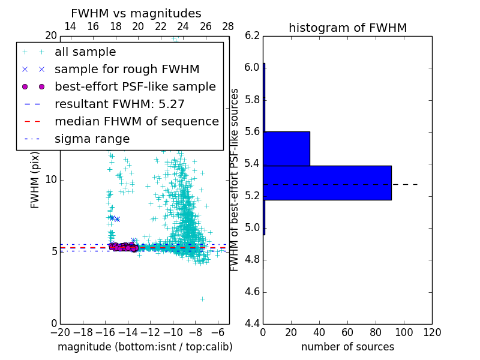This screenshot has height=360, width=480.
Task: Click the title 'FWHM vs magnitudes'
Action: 136,13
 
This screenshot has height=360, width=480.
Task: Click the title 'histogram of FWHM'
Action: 347,28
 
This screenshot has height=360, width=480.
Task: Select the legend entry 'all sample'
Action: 85,52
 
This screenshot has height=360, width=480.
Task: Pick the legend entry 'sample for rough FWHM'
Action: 127,70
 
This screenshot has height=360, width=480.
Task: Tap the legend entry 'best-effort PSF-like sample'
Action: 135,87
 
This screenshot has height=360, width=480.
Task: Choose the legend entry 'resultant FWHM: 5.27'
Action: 119,104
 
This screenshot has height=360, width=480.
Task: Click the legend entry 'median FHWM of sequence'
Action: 136,122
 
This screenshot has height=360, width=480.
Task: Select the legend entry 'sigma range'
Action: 92,139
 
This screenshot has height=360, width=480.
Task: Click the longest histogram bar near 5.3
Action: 327,182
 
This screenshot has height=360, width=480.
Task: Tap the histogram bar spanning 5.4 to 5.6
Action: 286,148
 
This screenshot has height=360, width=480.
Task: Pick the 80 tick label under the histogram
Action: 376,332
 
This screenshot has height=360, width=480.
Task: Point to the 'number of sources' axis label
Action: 347,347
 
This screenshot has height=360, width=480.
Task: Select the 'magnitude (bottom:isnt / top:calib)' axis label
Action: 145,347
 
